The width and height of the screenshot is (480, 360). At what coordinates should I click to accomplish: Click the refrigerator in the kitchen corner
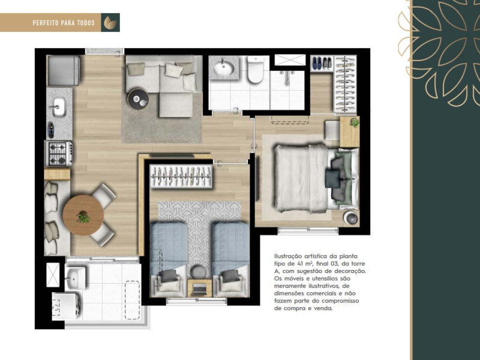click(x=64, y=70)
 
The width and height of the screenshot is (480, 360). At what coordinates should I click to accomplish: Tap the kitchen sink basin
click(x=59, y=107)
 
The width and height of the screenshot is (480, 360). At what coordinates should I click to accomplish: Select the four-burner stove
click(x=59, y=153)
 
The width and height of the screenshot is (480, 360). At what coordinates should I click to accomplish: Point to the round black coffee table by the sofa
click(x=137, y=98)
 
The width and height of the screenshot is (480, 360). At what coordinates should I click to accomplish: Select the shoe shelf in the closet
click(x=322, y=62)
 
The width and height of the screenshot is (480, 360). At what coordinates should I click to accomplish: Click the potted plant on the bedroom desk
click(x=354, y=123)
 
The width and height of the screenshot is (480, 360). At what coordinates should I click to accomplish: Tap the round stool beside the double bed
click(x=349, y=218)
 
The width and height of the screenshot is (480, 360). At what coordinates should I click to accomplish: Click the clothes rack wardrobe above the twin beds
click(x=181, y=176)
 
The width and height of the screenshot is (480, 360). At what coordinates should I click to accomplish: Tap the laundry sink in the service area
click(x=75, y=277)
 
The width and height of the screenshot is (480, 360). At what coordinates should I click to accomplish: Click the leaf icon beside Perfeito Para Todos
click(x=110, y=22)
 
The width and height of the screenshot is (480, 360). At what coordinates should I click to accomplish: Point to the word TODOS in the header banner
click(x=85, y=23)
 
